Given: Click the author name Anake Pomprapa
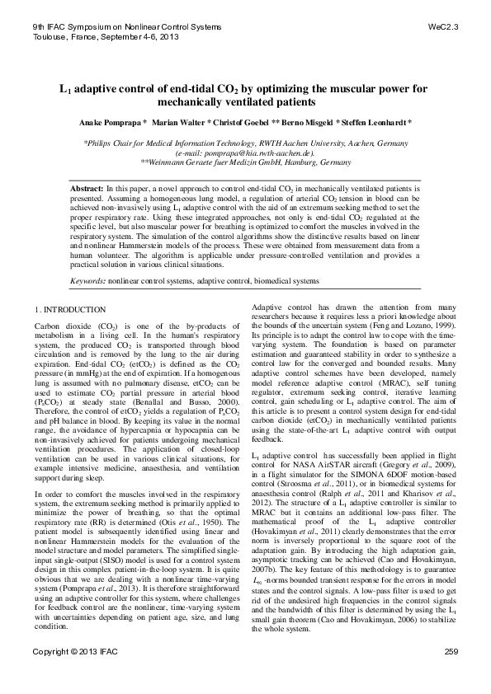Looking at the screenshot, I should click(111, 122).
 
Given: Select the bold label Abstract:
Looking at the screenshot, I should click(87, 190).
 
